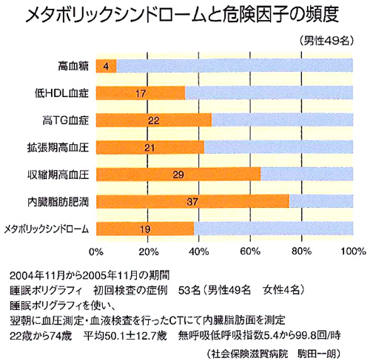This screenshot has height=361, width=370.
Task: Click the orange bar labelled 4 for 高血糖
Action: (x=106, y=66)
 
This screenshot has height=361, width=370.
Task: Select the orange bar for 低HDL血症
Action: (x=141, y=93)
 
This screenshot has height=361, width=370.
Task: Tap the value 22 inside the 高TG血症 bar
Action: (x=154, y=121)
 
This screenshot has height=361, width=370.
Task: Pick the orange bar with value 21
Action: (x=150, y=147)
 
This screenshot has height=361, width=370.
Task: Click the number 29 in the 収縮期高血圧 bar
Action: (x=178, y=175)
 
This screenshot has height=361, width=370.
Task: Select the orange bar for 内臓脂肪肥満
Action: (x=192, y=202)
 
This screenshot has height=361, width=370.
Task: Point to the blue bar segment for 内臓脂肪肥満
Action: (x=321, y=201)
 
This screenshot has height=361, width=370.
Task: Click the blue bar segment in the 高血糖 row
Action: (x=235, y=65)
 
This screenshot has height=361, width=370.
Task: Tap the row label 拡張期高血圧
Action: (x=58, y=148)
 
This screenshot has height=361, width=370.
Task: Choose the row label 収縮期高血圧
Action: (x=58, y=175)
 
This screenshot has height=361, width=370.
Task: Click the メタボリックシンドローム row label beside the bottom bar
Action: (x=47, y=229)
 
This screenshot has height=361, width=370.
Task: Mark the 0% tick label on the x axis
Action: (x=96, y=252)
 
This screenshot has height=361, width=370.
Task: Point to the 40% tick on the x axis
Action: (x=199, y=252)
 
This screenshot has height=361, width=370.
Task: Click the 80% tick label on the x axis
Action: (x=301, y=252)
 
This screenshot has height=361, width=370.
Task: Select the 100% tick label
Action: (x=353, y=252)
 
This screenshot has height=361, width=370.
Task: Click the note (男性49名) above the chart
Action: (x=326, y=41)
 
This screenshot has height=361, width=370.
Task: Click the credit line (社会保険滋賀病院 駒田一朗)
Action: (x=274, y=354)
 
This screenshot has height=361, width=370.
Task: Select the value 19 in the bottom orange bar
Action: (x=145, y=229)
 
